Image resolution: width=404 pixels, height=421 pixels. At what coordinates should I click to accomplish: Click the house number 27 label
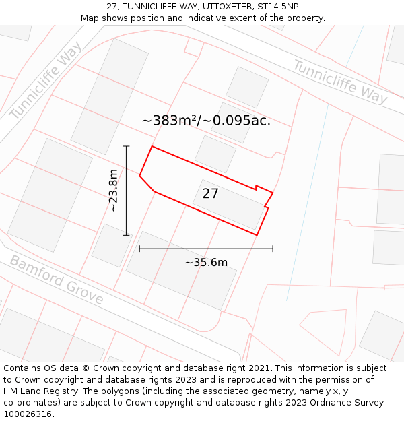(210, 194)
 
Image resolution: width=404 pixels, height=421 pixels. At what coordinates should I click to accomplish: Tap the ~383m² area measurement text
(168, 121)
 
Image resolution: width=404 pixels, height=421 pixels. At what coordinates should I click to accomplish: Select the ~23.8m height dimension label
(114, 190)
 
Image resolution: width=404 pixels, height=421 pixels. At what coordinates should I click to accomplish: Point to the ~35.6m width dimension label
(206, 263)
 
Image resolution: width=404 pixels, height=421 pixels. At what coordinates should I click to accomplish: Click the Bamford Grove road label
(56, 280)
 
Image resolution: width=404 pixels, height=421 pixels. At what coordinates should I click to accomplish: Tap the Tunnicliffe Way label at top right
(340, 82)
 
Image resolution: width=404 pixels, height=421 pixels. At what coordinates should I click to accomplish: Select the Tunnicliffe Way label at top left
(46, 80)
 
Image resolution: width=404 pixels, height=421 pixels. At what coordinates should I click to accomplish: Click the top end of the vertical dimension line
(126, 146)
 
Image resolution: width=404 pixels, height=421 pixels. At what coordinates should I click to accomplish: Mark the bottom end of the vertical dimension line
(126, 235)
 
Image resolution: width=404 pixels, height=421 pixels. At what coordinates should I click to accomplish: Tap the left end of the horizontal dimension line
(139, 249)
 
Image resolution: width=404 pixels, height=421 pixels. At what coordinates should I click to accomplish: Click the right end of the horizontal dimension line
(273, 249)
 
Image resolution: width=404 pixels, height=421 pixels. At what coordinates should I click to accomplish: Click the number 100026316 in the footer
(28, 414)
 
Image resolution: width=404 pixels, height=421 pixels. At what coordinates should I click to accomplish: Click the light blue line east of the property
(306, 202)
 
